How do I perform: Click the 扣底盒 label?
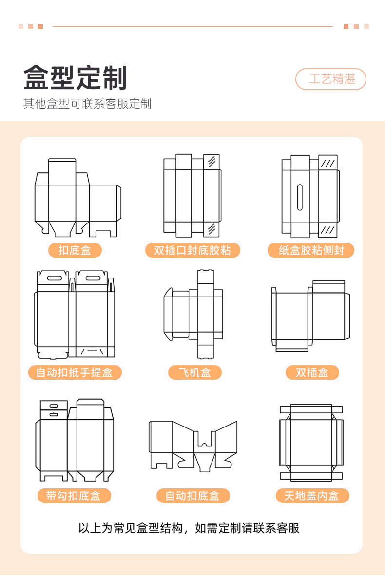[x=75, y=250]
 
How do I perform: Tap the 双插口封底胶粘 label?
[x=192, y=250]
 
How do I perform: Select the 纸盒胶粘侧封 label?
[x=311, y=250]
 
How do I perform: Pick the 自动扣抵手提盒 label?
[x=75, y=372]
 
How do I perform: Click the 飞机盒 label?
[x=195, y=372]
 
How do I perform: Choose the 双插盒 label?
[x=312, y=372]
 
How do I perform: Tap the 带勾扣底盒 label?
[x=74, y=496]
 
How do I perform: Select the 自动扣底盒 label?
[x=192, y=496]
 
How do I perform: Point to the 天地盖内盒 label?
[x=312, y=496]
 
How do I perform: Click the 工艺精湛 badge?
[x=330, y=79]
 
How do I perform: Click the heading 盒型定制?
[x=76, y=78]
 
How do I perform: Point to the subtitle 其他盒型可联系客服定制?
[x=87, y=104]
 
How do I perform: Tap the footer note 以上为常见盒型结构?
[x=189, y=528]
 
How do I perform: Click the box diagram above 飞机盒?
[x=194, y=314]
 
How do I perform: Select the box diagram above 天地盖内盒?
[x=311, y=443]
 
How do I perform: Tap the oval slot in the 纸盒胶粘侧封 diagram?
[x=300, y=196]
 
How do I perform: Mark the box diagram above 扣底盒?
[x=77, y=198]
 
